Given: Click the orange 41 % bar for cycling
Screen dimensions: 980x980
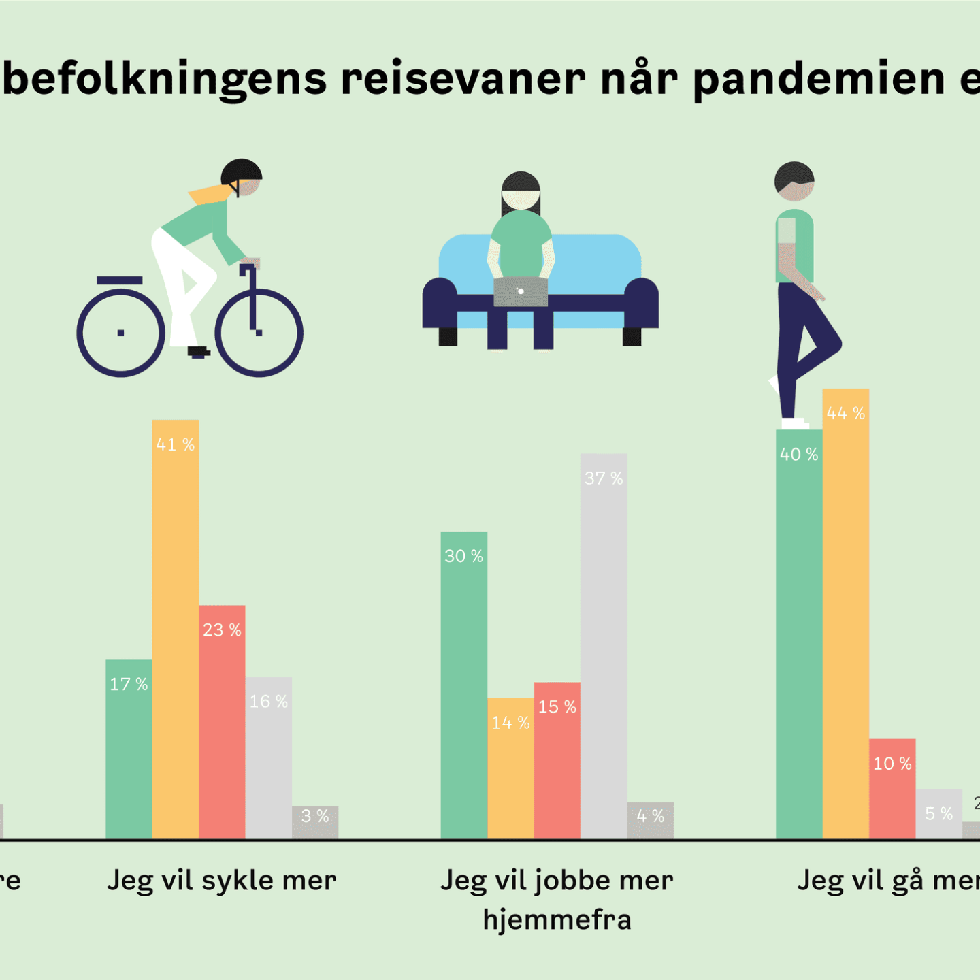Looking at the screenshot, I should (x=176, y=630).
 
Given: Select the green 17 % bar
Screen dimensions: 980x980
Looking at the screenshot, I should (x=129, y=749).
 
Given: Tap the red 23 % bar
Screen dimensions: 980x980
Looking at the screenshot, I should (x=222, y=721).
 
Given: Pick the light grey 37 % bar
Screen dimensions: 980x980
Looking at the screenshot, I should (x=604, y=647).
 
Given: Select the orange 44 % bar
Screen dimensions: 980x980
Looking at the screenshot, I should (x=845, y=612).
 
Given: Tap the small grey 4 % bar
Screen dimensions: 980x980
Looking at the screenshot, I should (x=650, y=820).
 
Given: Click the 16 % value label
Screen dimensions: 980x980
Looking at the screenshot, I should (x=268, y=702).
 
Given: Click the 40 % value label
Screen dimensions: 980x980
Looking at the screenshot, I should (x=799, y=455).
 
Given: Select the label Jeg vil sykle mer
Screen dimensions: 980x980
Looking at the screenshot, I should (x=222, y=881).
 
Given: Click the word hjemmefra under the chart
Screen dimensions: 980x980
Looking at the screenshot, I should (x=557, y=920).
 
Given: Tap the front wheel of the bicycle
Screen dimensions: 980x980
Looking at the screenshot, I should (x=259, y=333).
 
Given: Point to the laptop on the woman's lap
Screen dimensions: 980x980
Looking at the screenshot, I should (x=521, y=292).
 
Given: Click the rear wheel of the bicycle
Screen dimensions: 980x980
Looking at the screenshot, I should (x=121, y=333).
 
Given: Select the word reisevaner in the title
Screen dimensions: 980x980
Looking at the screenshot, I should (x=463, y=79).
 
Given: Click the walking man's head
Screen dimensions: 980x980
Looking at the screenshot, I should (x=794, y=181).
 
